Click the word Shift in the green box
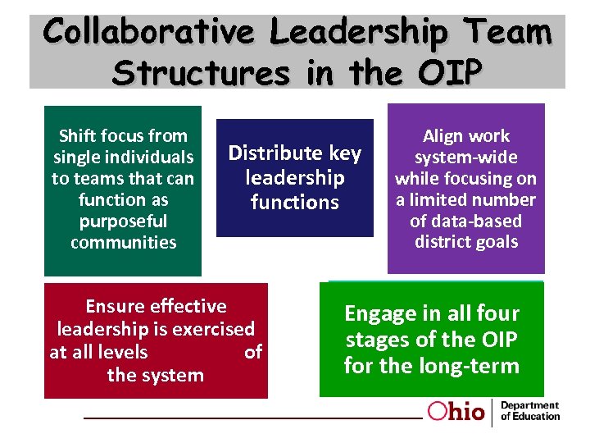click(81, 136)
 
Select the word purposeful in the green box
click(123, 221)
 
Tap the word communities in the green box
click(123, 243)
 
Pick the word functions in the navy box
click(295, 203)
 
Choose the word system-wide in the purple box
click(465, 158)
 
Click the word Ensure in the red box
click(115, 307)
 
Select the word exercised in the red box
click(216, 330)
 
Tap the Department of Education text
click(530, 411)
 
